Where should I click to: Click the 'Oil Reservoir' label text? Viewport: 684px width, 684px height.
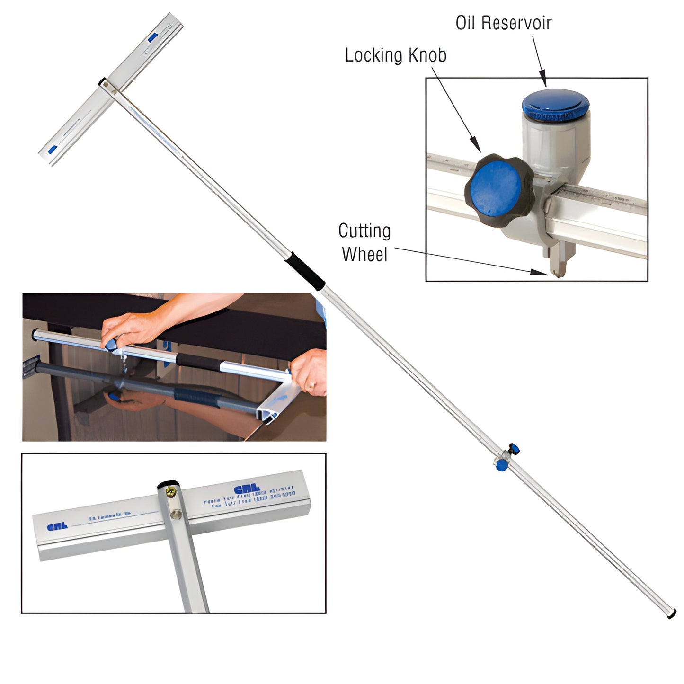[x=503, y=23]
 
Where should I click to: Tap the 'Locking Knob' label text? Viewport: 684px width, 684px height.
[x=395, y=55]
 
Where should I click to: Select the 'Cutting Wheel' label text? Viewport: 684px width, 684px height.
[x=364, y=242]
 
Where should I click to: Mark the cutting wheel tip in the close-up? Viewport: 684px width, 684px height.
[x=557, y=272]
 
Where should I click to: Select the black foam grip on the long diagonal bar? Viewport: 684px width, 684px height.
[x=305, y=270]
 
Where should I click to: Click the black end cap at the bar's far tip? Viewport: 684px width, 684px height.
[x=671, y=614]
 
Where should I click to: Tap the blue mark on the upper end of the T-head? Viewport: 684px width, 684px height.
[x=152, y=37]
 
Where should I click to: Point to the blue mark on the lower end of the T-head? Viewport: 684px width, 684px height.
[x=53, y=150]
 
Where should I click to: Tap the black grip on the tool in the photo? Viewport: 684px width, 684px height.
[x=199, y=362]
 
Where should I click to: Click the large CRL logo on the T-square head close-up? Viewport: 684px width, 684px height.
[x=247, y=489]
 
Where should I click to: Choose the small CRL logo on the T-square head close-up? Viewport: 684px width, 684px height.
[x=57, y=526]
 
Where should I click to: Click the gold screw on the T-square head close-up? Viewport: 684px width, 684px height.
[x=171, y=494]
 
